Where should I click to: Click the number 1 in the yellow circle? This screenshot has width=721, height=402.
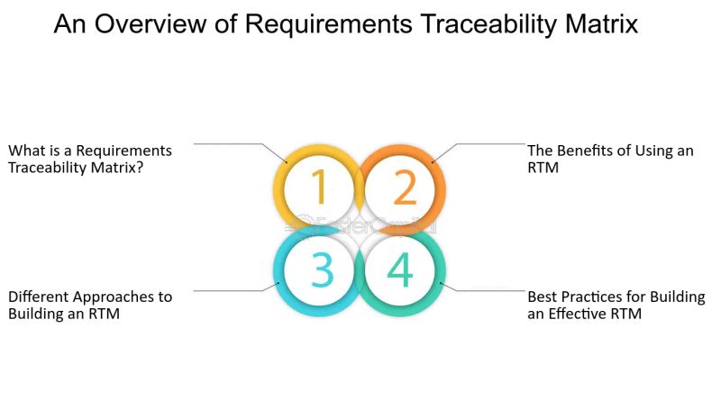318,187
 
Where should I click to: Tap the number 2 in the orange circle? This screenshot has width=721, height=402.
404,187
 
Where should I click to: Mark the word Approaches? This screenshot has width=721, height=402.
114,297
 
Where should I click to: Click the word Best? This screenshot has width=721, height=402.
543,297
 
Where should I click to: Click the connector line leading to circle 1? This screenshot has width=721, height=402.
230,143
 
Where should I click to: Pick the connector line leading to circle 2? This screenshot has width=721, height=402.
487,143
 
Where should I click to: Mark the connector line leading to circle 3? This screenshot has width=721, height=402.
230,291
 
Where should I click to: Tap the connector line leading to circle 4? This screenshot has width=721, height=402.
487,291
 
